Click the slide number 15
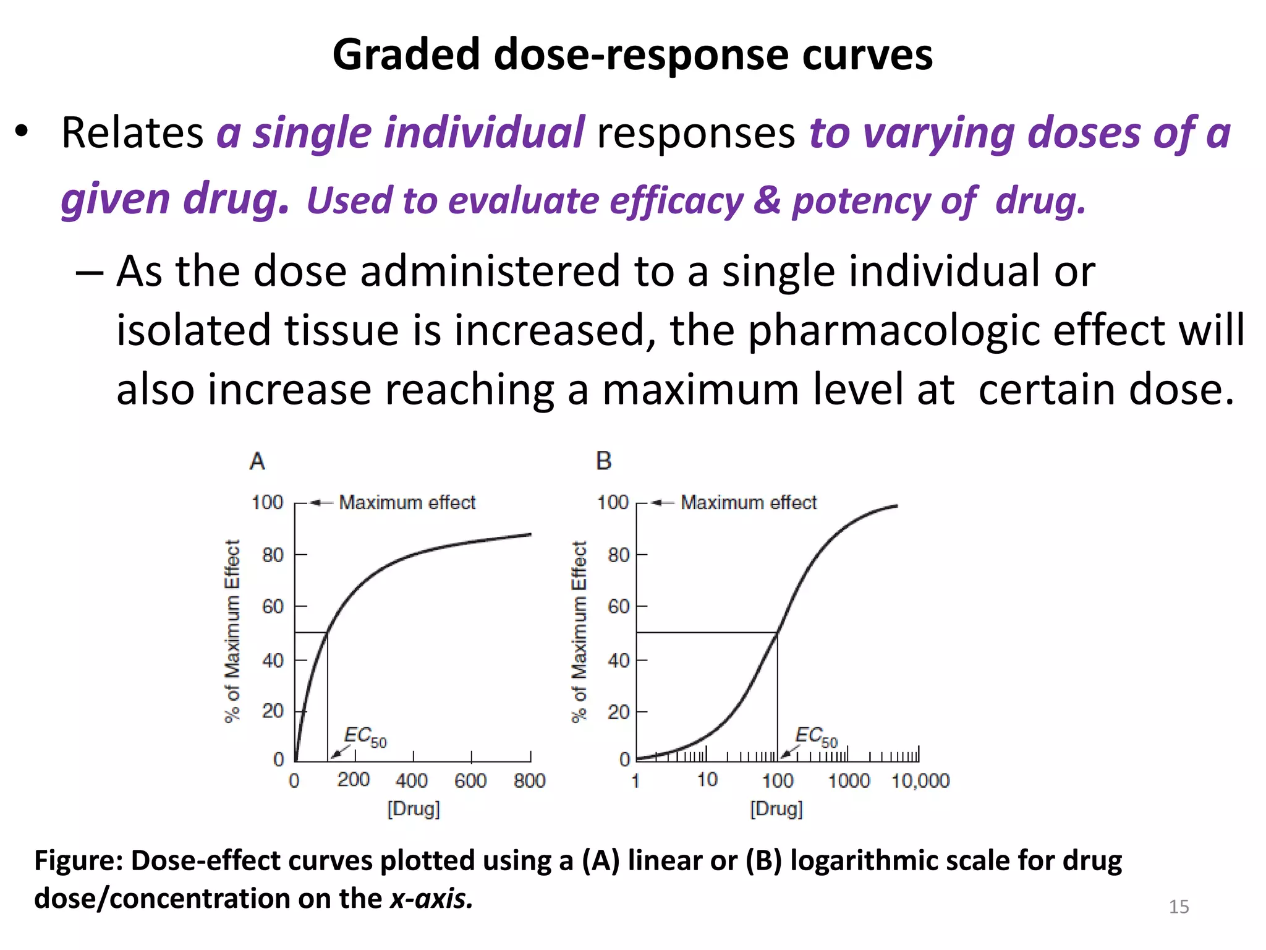(x=1179, y=907)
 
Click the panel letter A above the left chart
(x=257, y=461)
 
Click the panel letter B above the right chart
(x=603, y=461)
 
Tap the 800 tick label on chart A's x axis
(x=529, y=781)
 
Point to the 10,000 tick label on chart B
(x=920, y=781)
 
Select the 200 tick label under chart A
(x=353, y=780)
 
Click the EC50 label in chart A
(x=365, y=736)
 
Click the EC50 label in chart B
(x=816, y=736)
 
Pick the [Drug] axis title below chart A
(x=414, y=809)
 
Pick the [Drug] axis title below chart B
(x=776, y=809)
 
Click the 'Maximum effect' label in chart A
(x=407, y=502)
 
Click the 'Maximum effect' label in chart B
(x=749, y=502)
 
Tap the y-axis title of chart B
(x=579, y=631)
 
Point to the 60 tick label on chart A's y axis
(x=273, y=607)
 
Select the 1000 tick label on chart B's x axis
(x=849, y=781)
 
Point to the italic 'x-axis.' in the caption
(x=431, y=899)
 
